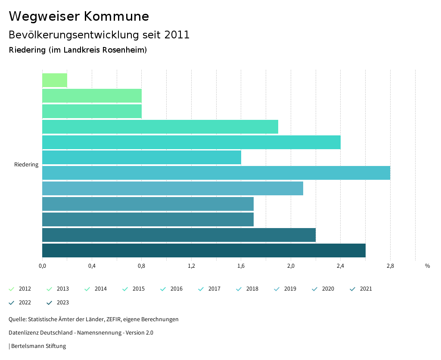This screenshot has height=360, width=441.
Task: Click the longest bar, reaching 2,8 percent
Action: click(x=215, y=173)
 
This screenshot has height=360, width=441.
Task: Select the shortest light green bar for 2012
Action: click(x=55, y=80)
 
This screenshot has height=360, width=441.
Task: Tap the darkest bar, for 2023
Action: click(x=203, y=250)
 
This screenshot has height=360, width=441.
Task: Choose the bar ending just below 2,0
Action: click(x=160, y=127)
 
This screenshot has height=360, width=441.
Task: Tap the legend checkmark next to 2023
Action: click(x=49, y=303)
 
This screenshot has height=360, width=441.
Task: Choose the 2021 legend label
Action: click(x=366, y=289)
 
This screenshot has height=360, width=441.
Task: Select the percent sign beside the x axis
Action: click(x=427, y=266)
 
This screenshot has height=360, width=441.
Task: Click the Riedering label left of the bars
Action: click(x=26, y=164)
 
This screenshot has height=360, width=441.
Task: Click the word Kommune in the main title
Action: click(x=116, y=16)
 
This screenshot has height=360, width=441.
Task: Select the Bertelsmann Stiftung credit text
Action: click(x=38, y=346)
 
